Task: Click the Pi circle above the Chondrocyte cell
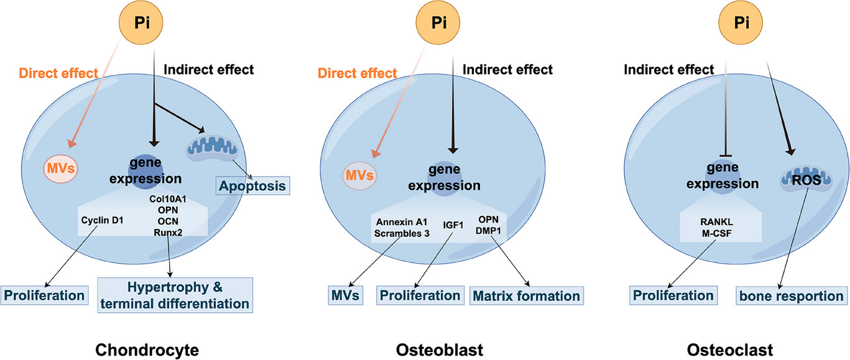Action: pyautogui.click(x=141, y=22)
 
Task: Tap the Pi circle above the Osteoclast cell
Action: pyautogui.click(x=741, y=22)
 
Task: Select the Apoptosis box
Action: pyautogui.click(x=252, y=186)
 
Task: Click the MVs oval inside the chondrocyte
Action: pyautogui.click(x=61, y=168)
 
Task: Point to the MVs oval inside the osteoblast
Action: pyautogui.click(x=360, y=175)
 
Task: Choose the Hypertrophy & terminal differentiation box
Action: pyautogui.click(x=175, y=295)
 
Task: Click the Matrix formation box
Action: pyautogui.click(x=527, y=296)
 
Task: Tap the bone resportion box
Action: pyautogui.click(x=792, y=296)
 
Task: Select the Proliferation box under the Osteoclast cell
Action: pyautogui.click(x=673, y=295)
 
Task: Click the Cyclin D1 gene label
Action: pyautogui.click(x=102, y=220)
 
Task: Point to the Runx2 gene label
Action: pyautogui.click(x=168, y=233)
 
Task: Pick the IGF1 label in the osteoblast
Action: pyautogui.click(x=453, y=225)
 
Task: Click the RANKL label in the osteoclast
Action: pyautogui.click(x=716, y=222)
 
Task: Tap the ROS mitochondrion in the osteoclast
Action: pyautogui.click(x=806, y=180)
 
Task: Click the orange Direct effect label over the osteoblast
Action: pyautogui.click(x=357, y=73)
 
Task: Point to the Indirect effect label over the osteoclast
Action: pyautogui.click(x=669, y=70)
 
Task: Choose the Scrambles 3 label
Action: pyautogui.click(x=402, y=234)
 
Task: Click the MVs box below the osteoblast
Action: pyautogui.click(x=345, y=295)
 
